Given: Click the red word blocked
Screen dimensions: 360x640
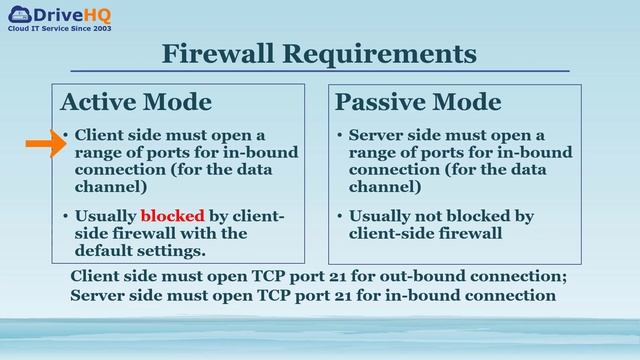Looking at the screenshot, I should click(x=172, y=216).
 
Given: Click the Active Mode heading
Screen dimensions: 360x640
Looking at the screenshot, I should click(x=136, y=102).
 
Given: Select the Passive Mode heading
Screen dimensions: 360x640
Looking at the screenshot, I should click(x=418, y=102).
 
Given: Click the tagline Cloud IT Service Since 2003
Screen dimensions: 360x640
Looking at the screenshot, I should click(x=60, y=31).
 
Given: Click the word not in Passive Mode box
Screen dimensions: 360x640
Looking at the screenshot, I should click(x=429, y=216).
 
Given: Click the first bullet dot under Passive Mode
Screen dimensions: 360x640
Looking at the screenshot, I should click(x=340, y=135).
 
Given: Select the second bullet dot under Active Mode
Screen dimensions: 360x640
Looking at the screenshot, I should click(x=65, y=216).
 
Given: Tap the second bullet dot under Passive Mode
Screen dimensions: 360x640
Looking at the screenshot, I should click(x=340, y=216).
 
